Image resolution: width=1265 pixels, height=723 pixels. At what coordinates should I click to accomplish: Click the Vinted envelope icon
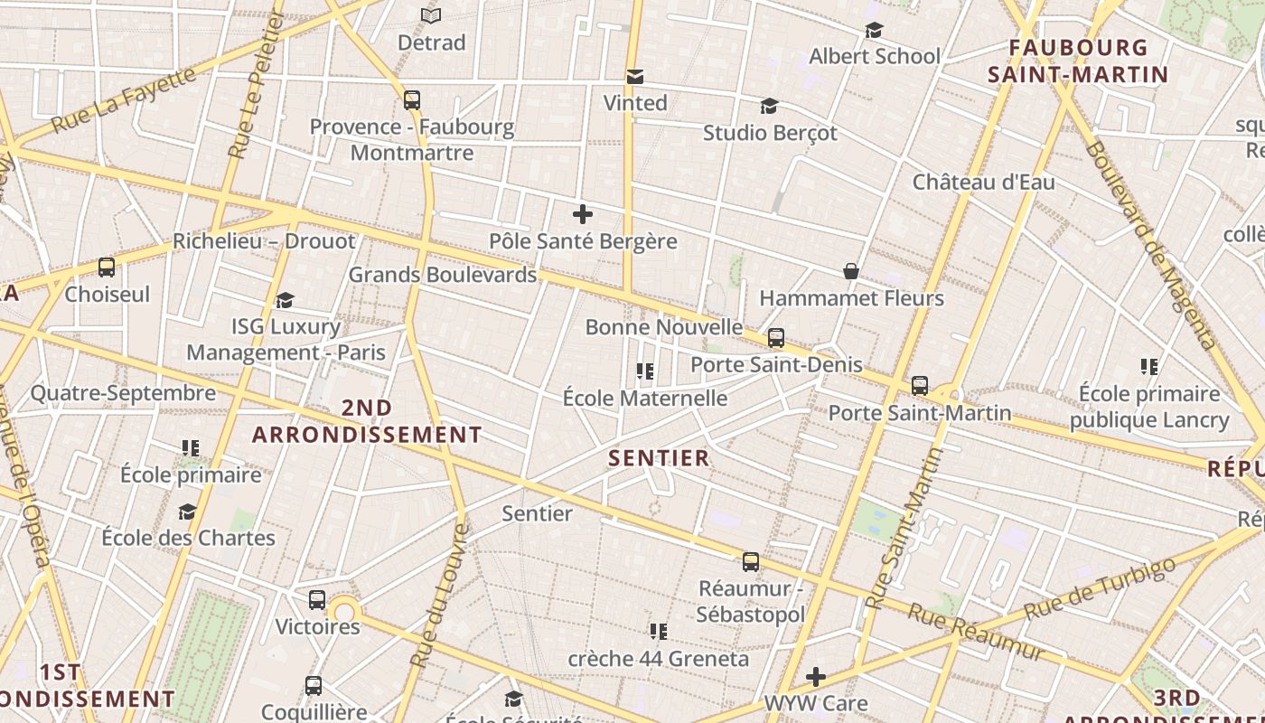point(635,77)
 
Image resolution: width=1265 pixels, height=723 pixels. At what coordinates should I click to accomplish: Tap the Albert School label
point(874,56)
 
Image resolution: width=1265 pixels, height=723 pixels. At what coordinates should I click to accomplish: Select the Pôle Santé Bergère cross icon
point(583,214)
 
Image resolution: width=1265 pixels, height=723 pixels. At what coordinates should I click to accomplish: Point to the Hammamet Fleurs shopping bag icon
point(850,271)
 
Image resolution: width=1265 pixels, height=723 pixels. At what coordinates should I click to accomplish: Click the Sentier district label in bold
point(659,458)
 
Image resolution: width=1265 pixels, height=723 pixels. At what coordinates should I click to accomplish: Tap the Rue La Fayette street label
point(124,99)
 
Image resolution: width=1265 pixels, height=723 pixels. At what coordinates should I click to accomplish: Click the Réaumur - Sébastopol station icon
point(750,562)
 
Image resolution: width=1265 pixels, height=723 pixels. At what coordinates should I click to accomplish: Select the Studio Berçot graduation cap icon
point(769,107)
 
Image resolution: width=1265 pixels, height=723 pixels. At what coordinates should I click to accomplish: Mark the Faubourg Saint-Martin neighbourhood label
point(1078,61)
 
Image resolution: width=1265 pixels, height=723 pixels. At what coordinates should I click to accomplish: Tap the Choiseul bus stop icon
point(107,268)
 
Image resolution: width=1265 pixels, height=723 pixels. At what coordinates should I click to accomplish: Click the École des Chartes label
point(188,538)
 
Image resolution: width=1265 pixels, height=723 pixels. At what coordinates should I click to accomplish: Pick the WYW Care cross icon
point(816,676)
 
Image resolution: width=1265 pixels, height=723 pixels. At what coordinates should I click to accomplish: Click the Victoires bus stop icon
point(316,600)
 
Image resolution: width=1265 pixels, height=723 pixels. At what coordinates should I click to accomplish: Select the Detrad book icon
point(431,16)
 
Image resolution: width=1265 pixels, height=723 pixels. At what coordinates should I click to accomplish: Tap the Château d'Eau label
point(983,182)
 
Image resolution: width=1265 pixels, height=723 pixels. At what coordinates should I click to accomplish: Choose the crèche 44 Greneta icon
point(658,631)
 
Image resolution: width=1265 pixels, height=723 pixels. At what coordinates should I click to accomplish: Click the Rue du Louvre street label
point(439,597)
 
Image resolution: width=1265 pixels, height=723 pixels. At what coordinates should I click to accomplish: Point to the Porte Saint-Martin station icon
point(919,386)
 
